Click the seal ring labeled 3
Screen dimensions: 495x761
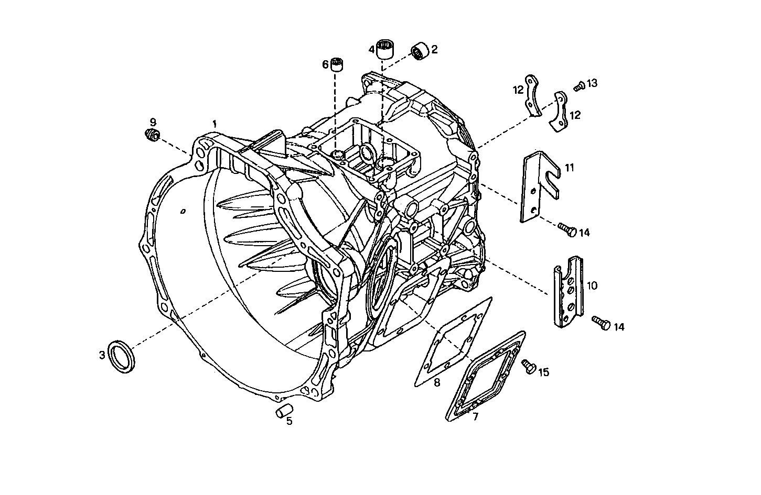click(121, 356)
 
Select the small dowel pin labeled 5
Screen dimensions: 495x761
click(284, 411)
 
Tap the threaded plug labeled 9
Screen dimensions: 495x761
click(152, 135)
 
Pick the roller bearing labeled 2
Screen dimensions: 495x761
click(420, 50)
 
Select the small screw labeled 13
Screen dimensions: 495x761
click(579, 86)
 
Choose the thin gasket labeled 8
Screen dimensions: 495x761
click(454, 340)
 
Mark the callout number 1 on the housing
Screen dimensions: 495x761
click(215, 124)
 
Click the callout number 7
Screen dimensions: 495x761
click(475, 417)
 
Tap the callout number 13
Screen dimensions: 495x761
click(592, 83)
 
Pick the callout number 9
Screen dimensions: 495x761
click(153, 122)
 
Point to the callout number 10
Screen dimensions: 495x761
click(592, 285)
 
